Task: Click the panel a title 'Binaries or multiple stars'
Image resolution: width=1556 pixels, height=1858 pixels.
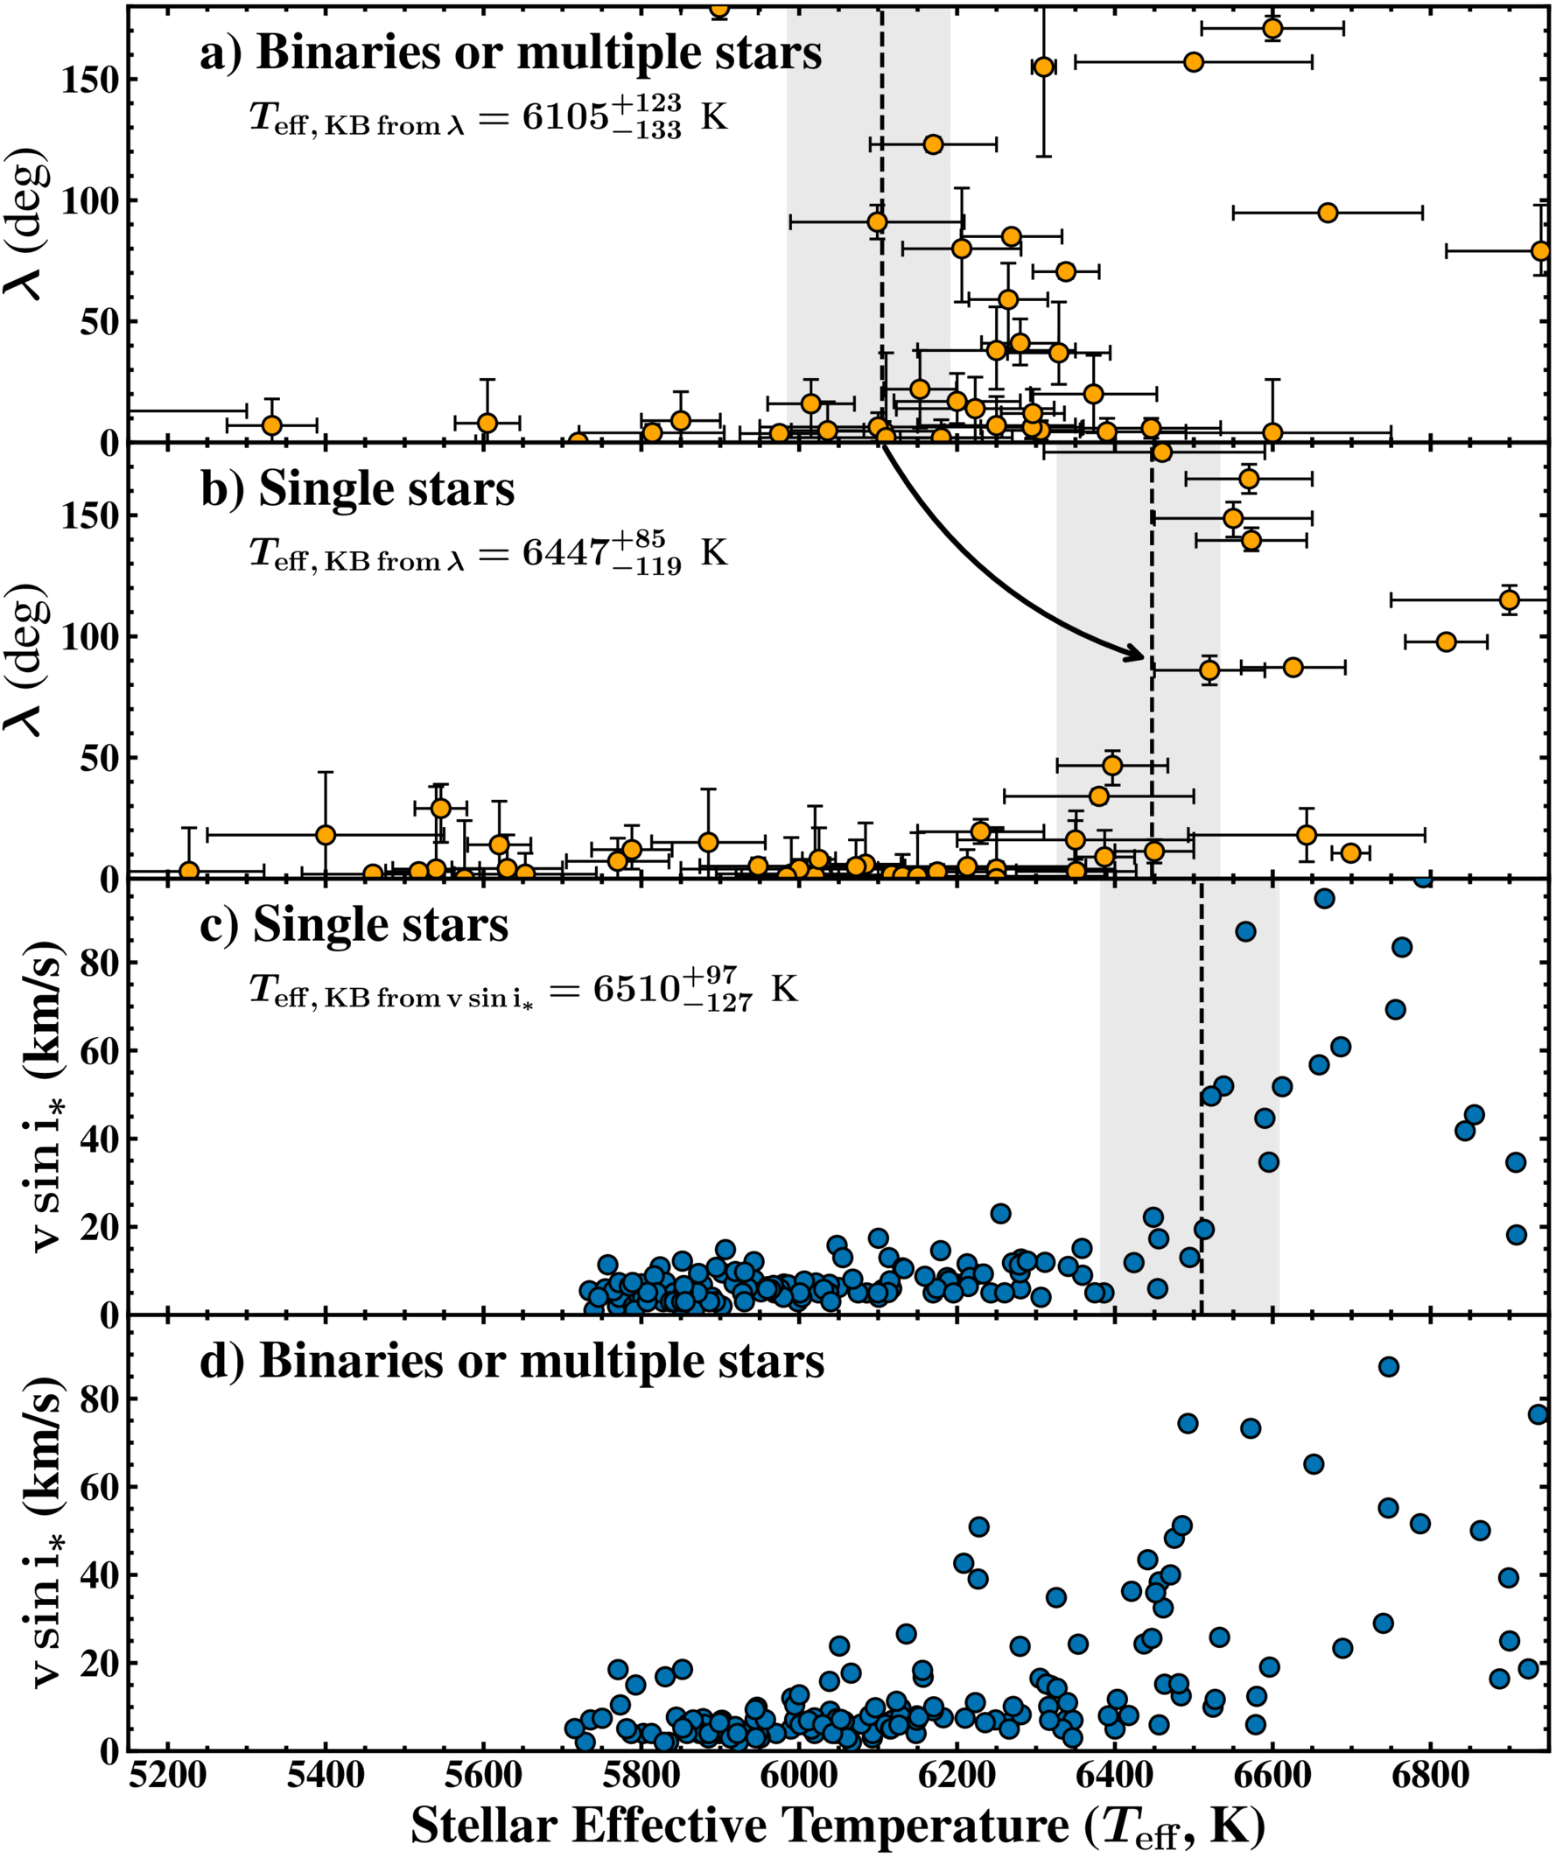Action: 511,53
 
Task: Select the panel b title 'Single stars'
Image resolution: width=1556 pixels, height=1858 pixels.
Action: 357,489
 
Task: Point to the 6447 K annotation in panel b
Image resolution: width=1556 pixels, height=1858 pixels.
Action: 488,553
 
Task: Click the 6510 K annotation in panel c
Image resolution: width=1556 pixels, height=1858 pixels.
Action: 523,989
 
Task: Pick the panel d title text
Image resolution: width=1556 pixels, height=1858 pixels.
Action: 512,1361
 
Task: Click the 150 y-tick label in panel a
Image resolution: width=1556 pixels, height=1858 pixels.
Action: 88,80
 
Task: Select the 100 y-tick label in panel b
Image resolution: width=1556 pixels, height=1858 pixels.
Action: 88,637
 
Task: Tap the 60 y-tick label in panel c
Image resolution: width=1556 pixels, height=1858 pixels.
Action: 99,1050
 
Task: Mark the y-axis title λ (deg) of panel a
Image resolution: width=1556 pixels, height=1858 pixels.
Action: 26,225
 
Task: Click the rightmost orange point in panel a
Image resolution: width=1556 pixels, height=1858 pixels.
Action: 1540,251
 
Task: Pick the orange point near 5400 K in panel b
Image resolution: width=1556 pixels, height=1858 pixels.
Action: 326,835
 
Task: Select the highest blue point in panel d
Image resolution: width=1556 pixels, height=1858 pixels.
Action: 1388,1367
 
